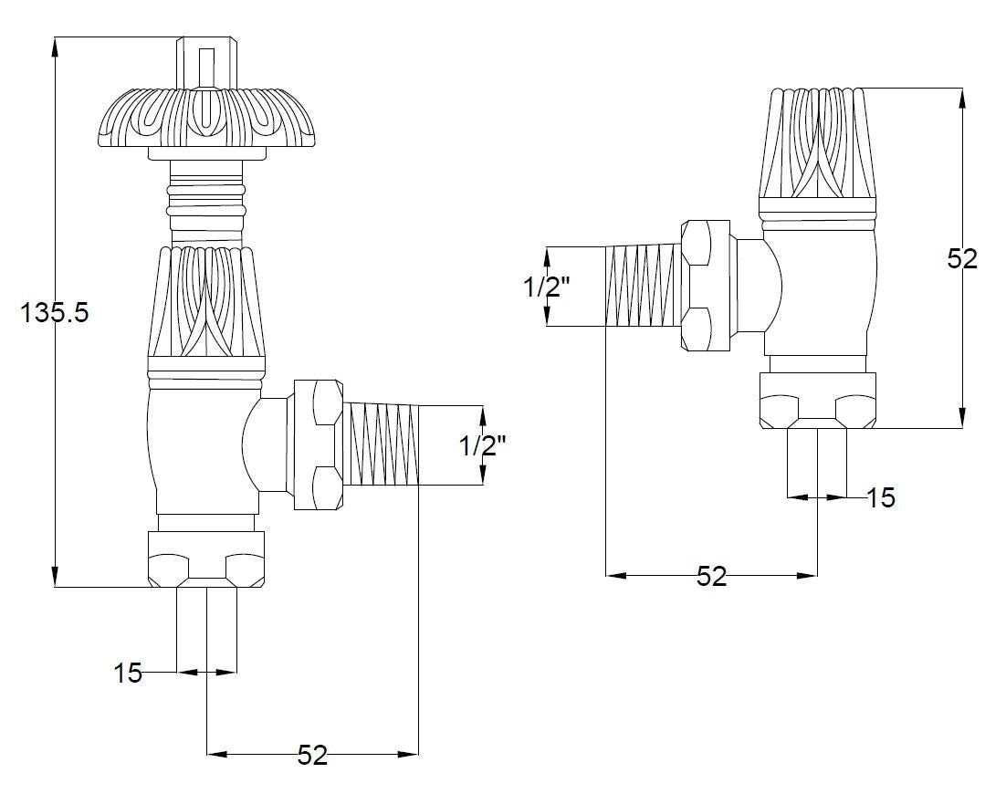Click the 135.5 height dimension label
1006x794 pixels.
pyautogui.click(x=55, y=313)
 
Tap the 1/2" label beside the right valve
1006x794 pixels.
pyautogui.click(x=547, y=287)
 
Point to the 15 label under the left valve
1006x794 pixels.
pyautogui.click(x=128, y=674)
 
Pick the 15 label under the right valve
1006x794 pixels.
pyautogui.click(x=881, y=497)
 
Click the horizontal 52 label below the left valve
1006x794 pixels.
pyautogui.click(x=312, y=755)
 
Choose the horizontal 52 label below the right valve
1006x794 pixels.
pyautogui.click(x=712, y=576)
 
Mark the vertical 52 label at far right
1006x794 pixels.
pyautogui.click(x=961, y=259)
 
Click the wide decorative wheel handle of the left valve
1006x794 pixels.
pyautogui.click(x=205, y=119)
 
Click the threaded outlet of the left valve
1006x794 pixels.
pyautogui.click(x=384, y=446)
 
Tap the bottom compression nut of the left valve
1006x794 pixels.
pyautogui.click(x=205, y=559)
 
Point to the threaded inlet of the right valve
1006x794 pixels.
pyautogui.click(x=643, y=286)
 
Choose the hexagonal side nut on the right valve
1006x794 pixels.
pyautogui.click(x=706, y=286)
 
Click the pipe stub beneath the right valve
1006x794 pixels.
pyautogui.click(x=818, y=461)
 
